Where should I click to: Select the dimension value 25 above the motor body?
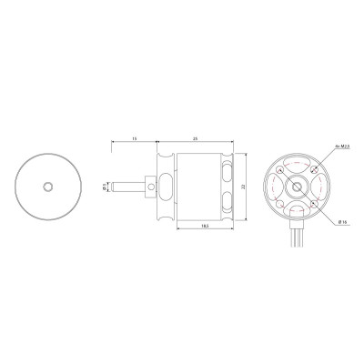pyautogui.click(x=196, y=138)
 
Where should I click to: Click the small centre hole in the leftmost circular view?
pyautogui.click(x=49, y=186)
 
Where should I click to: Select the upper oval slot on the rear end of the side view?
pyautogui.click(x=226, y=172)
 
